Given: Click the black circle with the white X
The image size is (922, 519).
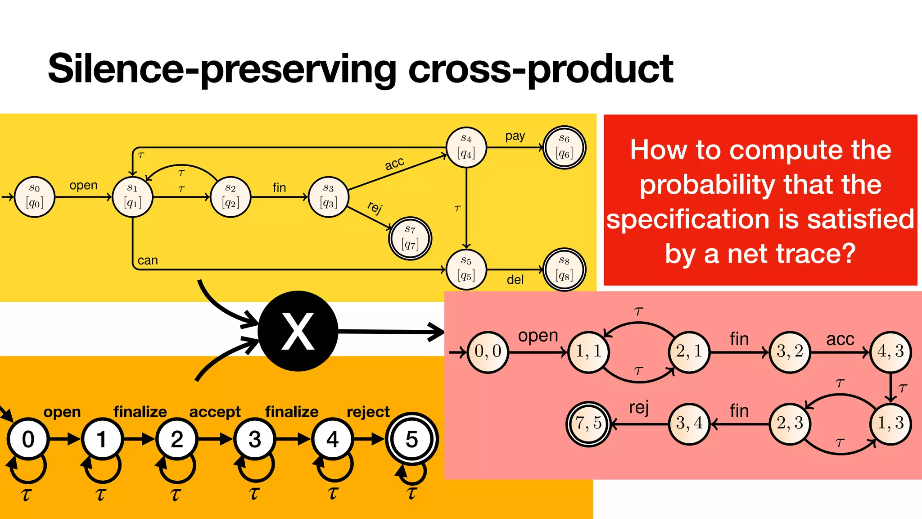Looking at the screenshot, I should (298, 331).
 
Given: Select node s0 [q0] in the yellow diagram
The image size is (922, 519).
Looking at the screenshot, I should (35, 197).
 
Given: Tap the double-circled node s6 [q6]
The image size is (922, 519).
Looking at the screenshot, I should (564, 147).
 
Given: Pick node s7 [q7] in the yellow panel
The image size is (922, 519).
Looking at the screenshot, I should (410, 238).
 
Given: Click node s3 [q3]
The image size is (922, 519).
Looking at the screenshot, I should (329, 197).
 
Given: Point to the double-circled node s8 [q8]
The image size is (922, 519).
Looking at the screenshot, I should (564, 269).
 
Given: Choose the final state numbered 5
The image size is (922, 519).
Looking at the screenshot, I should (411, 439).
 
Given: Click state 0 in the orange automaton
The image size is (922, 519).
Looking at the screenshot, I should (28, 439).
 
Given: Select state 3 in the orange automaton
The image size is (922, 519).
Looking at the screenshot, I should (254, 439).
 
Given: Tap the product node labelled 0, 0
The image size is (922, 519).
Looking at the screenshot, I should (488, 351).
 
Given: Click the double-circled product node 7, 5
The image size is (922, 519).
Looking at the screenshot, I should (588, 423).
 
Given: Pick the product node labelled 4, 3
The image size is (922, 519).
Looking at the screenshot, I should (890, 351).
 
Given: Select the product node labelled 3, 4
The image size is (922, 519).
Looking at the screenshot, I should (689, 423).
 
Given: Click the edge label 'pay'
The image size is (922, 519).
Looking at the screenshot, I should (515, 136).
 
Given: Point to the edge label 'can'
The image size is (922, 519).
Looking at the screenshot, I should (148, 260).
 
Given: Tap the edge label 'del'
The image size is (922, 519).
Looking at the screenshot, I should (515, 280).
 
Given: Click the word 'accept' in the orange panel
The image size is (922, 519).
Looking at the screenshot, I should (215, 412).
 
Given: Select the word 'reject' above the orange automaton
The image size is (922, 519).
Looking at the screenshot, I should (368, 412).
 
